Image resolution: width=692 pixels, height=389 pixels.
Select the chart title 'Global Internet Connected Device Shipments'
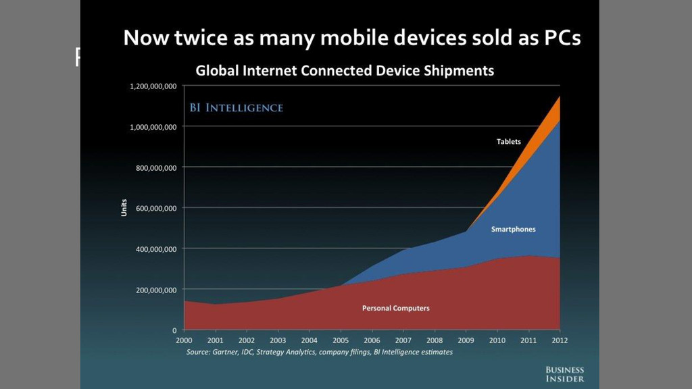coord(345,70)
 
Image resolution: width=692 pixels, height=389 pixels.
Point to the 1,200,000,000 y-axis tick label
coord(153,86)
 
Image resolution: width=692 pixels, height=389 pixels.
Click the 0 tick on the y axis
coord(174,330)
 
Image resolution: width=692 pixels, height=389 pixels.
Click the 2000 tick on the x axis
coord(183,340)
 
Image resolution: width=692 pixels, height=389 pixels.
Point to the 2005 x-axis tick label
coord(341,340)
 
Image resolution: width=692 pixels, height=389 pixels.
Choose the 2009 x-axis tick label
coord(466,340)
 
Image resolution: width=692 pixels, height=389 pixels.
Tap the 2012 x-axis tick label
coord(560,340)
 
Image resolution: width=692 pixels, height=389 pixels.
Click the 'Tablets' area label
coord(508,141)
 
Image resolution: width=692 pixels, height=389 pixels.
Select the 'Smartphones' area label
coord(513,229)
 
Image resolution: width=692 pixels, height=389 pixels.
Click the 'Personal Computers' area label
coord(396,308)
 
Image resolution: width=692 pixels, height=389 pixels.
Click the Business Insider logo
coord(564,374)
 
